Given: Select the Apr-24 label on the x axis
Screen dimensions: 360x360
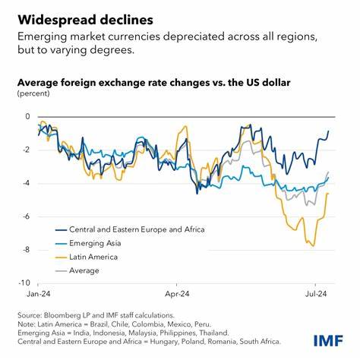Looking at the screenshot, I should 176,292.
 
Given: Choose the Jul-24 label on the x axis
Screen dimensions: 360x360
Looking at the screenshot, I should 315,292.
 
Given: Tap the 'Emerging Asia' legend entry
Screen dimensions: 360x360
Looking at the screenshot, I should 96,242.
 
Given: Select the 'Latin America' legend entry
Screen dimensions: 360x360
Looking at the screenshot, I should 95,256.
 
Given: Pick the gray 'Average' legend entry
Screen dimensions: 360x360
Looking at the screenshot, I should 84,270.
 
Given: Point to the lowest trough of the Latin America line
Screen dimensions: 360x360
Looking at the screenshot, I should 312,245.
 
